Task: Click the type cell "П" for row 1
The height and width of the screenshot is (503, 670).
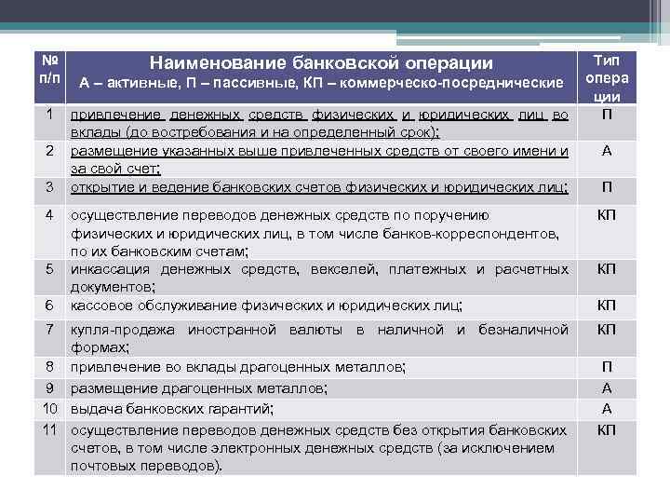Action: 607,115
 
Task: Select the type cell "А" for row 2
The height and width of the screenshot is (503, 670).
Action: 607,151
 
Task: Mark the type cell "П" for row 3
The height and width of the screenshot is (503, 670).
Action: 607,187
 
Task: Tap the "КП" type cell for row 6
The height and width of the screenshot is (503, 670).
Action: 607,305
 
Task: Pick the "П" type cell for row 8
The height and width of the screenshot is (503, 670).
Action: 607,367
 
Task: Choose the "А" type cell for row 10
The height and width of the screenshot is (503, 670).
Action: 607,408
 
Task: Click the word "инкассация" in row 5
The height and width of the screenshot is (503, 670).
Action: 109,269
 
